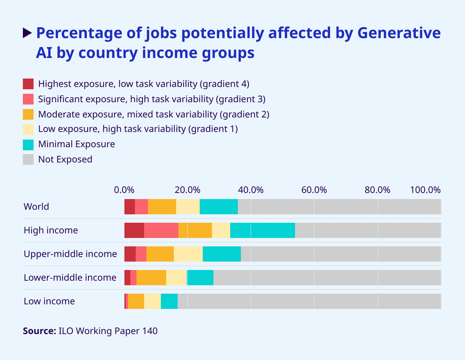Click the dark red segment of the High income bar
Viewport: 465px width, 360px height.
tap(134, 230)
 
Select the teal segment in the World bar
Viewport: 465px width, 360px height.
tap(219, 207)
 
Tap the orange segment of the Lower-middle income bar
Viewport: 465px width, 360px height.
tap(151, 278)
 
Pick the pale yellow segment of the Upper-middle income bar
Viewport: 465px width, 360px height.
tap(188, 254)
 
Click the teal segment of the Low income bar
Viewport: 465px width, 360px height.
tap(169, 301)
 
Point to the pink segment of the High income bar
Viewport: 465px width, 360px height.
tap(161, 230)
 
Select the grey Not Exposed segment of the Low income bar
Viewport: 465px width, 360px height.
tap(309, 301)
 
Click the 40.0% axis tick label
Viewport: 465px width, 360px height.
tap(251, 190)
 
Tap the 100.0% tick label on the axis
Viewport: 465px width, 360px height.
tap(425, 190)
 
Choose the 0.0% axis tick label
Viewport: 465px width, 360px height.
tap(124, 190)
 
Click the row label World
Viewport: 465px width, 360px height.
tap(36, 207)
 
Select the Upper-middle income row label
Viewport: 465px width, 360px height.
tap(70, 254)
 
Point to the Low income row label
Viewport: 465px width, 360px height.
tap(49, 301)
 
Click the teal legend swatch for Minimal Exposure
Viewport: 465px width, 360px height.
tap(28, 144)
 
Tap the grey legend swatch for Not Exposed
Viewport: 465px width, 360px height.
tap(28, 159)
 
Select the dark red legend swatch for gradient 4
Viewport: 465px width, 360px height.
tap(28, 84)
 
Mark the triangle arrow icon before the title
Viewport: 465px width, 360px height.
tap(27, 33)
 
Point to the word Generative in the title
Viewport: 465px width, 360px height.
tap(399, 33)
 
